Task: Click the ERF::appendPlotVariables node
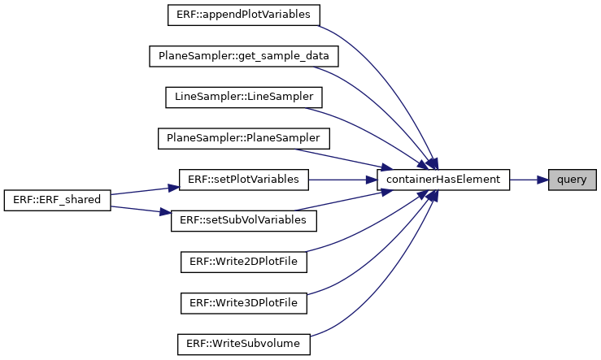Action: [244, 15]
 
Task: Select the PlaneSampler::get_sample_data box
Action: [244, 56]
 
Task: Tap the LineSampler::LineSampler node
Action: [244, 98]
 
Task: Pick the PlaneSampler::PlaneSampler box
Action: [244, 138]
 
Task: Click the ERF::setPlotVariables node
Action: [244, 180]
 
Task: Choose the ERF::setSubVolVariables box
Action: [244, 220]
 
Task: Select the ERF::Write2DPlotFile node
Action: [244, 262]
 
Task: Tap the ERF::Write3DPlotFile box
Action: [244, 303]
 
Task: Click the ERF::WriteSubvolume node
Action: [244, 344]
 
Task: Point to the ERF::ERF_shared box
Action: [58, 200]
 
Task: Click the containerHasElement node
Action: [443, 180]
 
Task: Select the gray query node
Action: [573, 180]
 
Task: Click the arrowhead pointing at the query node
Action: [542, 180]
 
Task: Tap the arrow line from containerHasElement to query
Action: [529, 180]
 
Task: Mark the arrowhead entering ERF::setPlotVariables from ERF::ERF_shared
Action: [173, 187]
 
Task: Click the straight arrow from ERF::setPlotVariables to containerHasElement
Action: [342, 180]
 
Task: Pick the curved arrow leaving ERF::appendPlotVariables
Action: [391, 76]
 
